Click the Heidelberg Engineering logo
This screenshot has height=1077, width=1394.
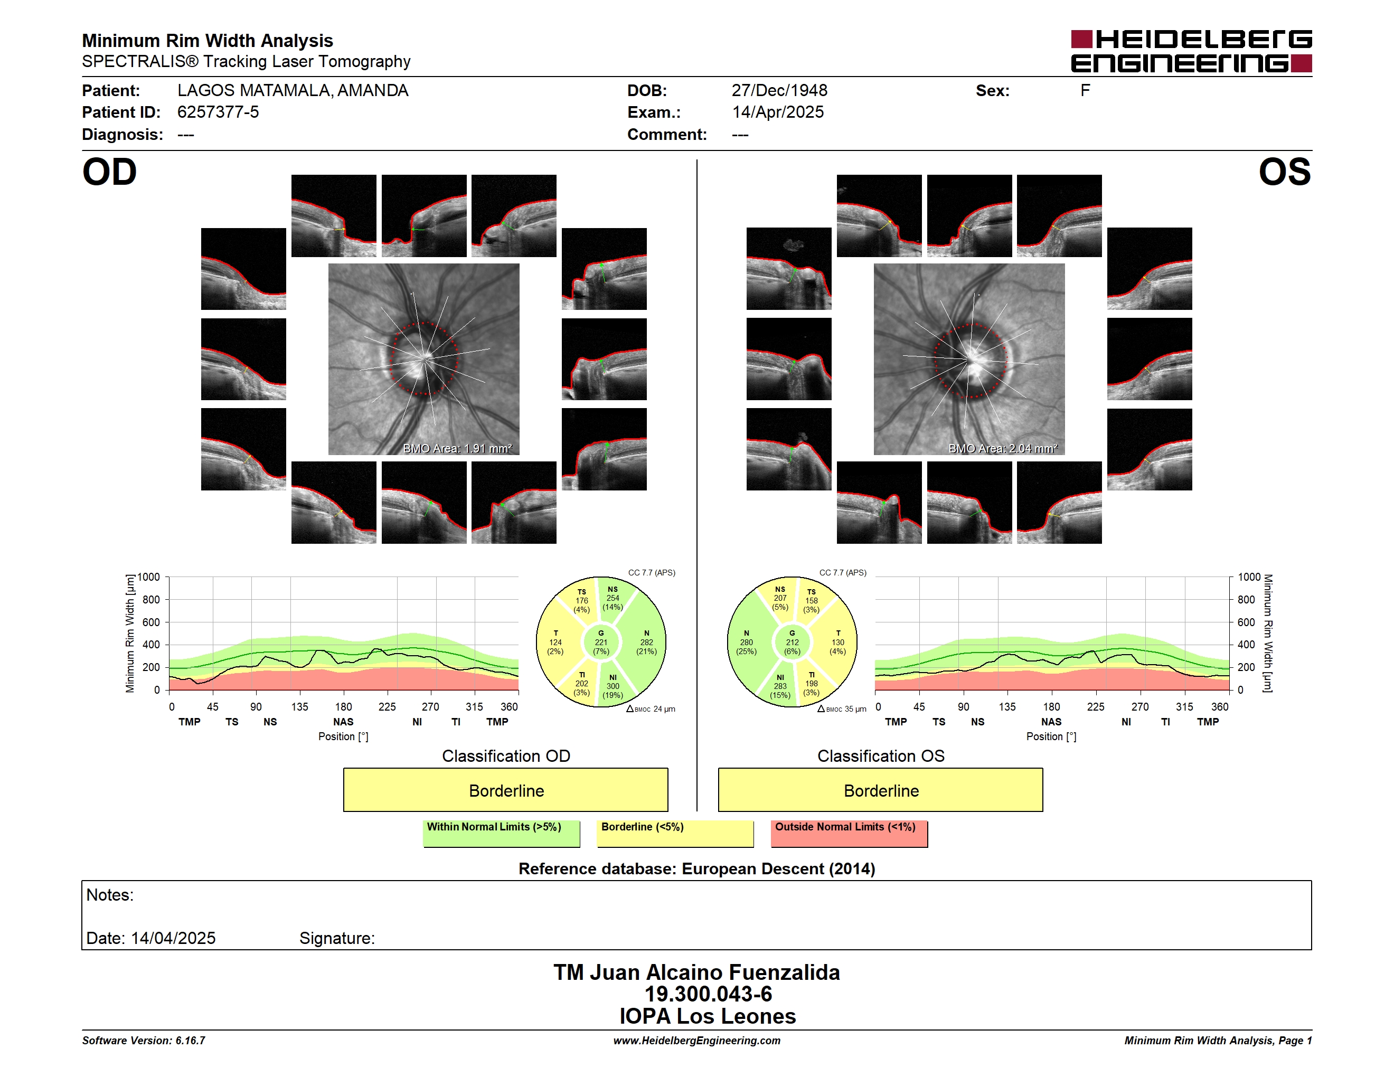(x=1191, y=51)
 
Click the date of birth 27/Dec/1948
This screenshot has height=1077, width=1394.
(x=779, y=91)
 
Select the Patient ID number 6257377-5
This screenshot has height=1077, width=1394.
(x=218, y=112)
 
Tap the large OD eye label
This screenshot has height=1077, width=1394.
(x=110, y=172)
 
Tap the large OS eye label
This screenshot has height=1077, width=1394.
(x=1285, y=172)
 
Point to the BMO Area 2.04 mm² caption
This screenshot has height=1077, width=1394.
(x=1003, y=449)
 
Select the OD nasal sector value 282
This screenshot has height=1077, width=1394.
(x=647, y=643)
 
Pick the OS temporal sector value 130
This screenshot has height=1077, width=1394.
(x=838, y=643)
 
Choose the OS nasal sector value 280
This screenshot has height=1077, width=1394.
(x=747, y=643)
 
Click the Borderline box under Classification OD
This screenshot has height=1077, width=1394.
(x=505, y=790)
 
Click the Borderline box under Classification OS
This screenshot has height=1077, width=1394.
(x=881, y=790)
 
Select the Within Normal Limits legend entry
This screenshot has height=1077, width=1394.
(x=501, y=833)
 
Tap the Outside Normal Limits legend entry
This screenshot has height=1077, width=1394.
(x=849, y=833)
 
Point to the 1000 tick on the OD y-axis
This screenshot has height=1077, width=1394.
(x=149, y=578)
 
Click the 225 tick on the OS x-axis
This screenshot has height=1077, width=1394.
(x=1095, y=707)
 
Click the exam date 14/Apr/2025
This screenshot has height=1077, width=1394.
(x=778, y=112)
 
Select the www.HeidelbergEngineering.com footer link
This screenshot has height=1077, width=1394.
(x=697, y=1041)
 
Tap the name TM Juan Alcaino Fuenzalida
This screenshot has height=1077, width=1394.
(x=696, y=972)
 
